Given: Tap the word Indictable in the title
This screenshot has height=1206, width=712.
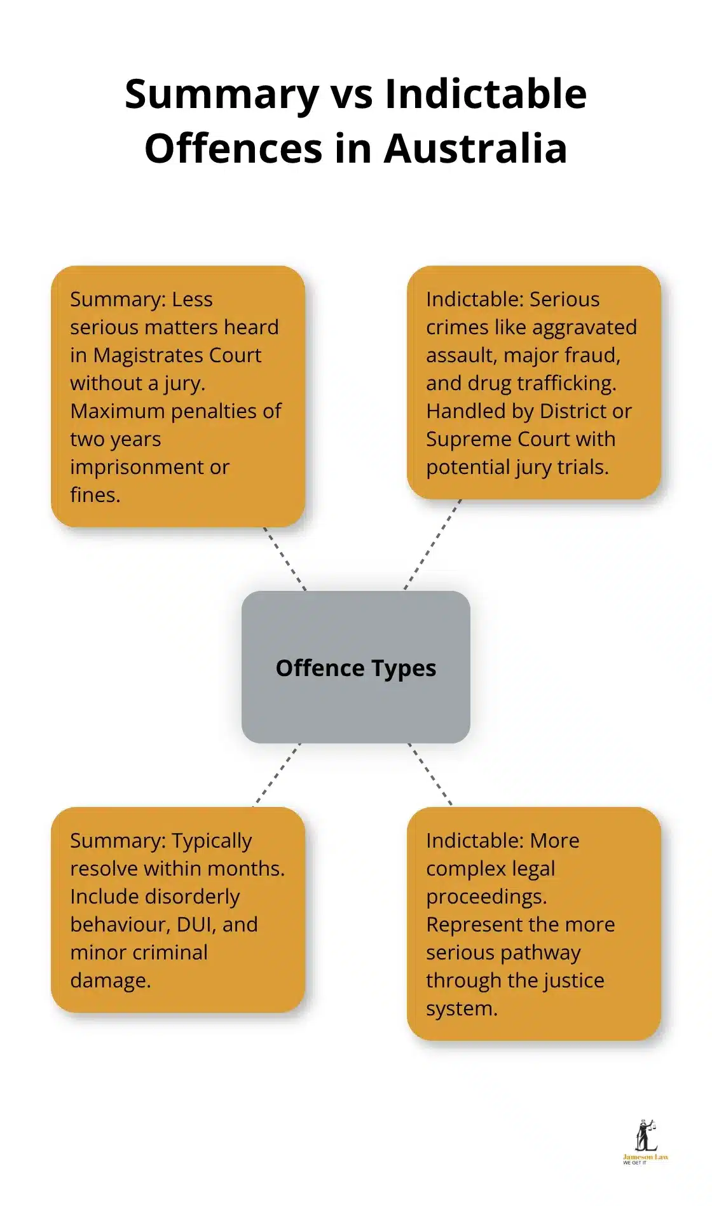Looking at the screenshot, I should tap(486, 94).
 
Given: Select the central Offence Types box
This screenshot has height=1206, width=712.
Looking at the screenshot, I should tap(356, 667).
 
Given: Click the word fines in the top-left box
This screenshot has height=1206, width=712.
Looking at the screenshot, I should tap(93, 495).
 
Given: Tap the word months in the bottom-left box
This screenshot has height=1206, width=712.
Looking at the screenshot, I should tap(246, 869).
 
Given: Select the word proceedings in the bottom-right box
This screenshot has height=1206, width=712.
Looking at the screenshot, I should tap(486, 897).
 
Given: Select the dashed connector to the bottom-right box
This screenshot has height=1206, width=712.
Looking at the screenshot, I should tap(430, 774).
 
